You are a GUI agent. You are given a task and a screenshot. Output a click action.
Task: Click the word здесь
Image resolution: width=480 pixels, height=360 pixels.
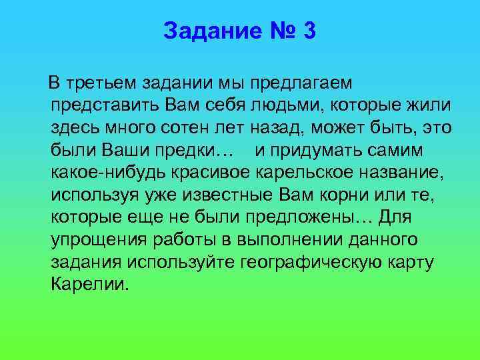click(x=74, y=127)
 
